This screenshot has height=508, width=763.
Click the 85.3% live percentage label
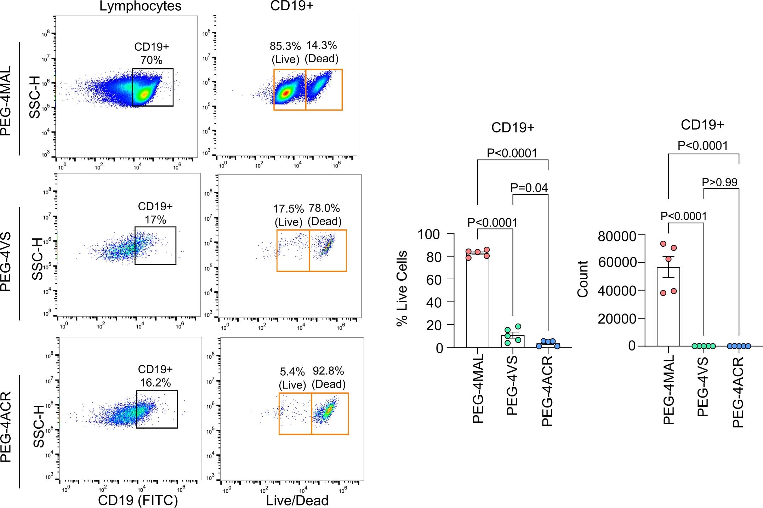coord(285,46)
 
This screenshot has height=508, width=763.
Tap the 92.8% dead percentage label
coord(328,371)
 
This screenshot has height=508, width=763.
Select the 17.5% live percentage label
coord(288,209)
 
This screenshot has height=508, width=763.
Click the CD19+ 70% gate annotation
coord(152,53)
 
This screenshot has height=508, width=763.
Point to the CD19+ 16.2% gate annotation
coord(155,376)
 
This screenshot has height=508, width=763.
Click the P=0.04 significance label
coord(529,188)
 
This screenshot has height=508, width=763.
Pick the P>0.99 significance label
coord(719,182)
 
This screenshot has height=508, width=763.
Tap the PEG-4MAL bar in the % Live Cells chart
coord(477,301)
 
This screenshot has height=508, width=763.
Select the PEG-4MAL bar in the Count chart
coord(668,308)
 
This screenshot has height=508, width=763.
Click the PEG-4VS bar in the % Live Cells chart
coord(513,341)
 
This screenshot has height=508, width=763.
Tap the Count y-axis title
coord(583,279)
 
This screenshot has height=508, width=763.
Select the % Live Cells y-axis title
coord(402,288)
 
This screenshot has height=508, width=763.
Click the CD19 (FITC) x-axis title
coord(138,500)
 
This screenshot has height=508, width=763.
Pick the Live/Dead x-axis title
coord(297,501)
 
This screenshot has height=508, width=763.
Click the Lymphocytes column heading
coord(140,6)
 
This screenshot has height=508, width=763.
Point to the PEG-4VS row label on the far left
coord(6,262)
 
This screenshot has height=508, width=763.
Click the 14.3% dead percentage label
coord(321,46)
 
